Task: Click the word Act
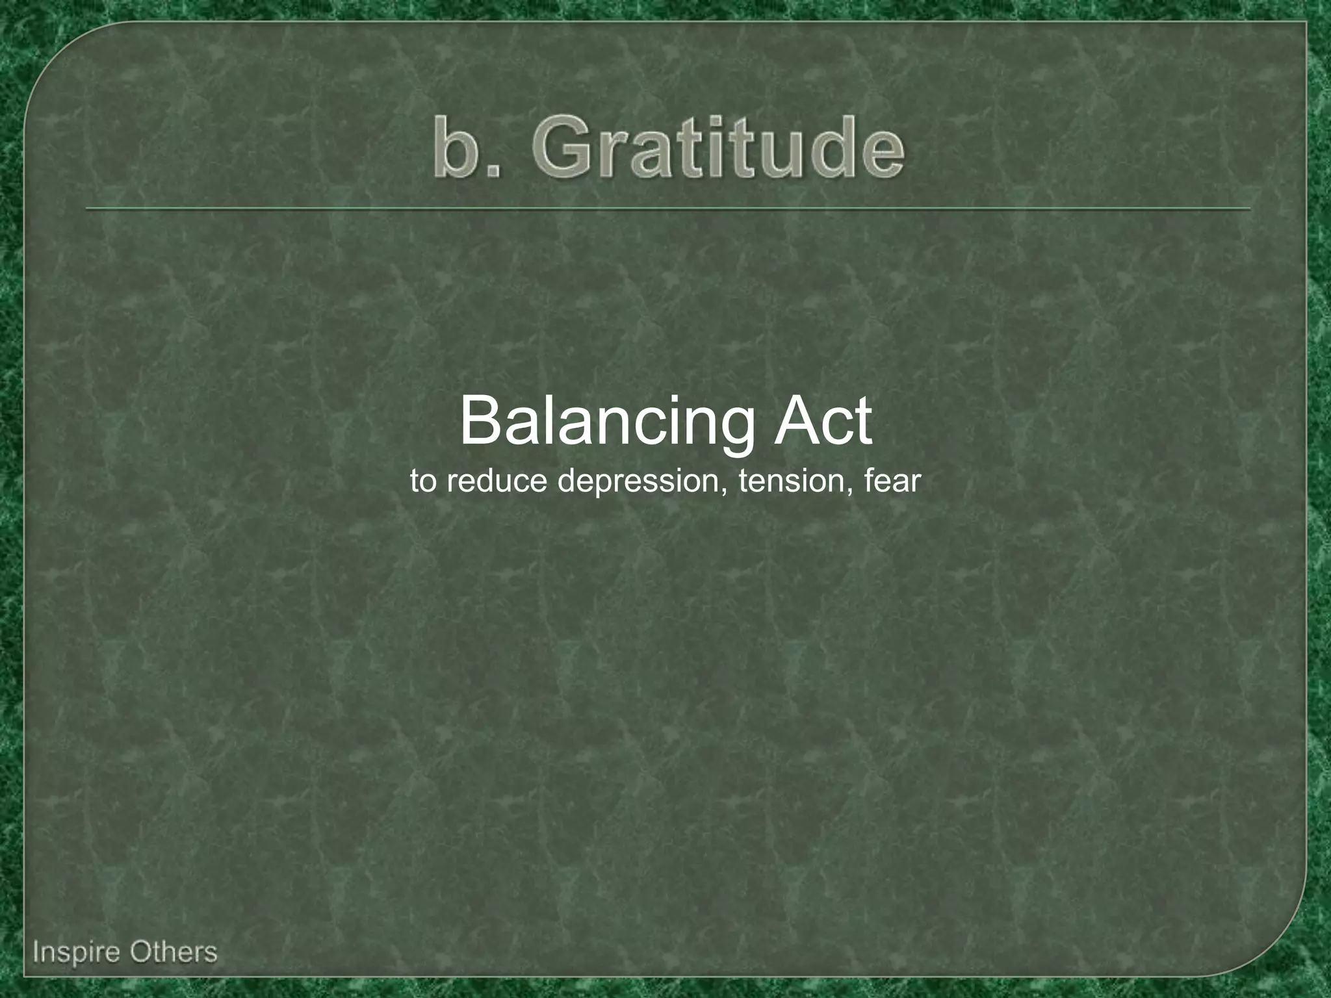[823, 422]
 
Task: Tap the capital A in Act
[794, 422]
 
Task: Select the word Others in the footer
[173, 953]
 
